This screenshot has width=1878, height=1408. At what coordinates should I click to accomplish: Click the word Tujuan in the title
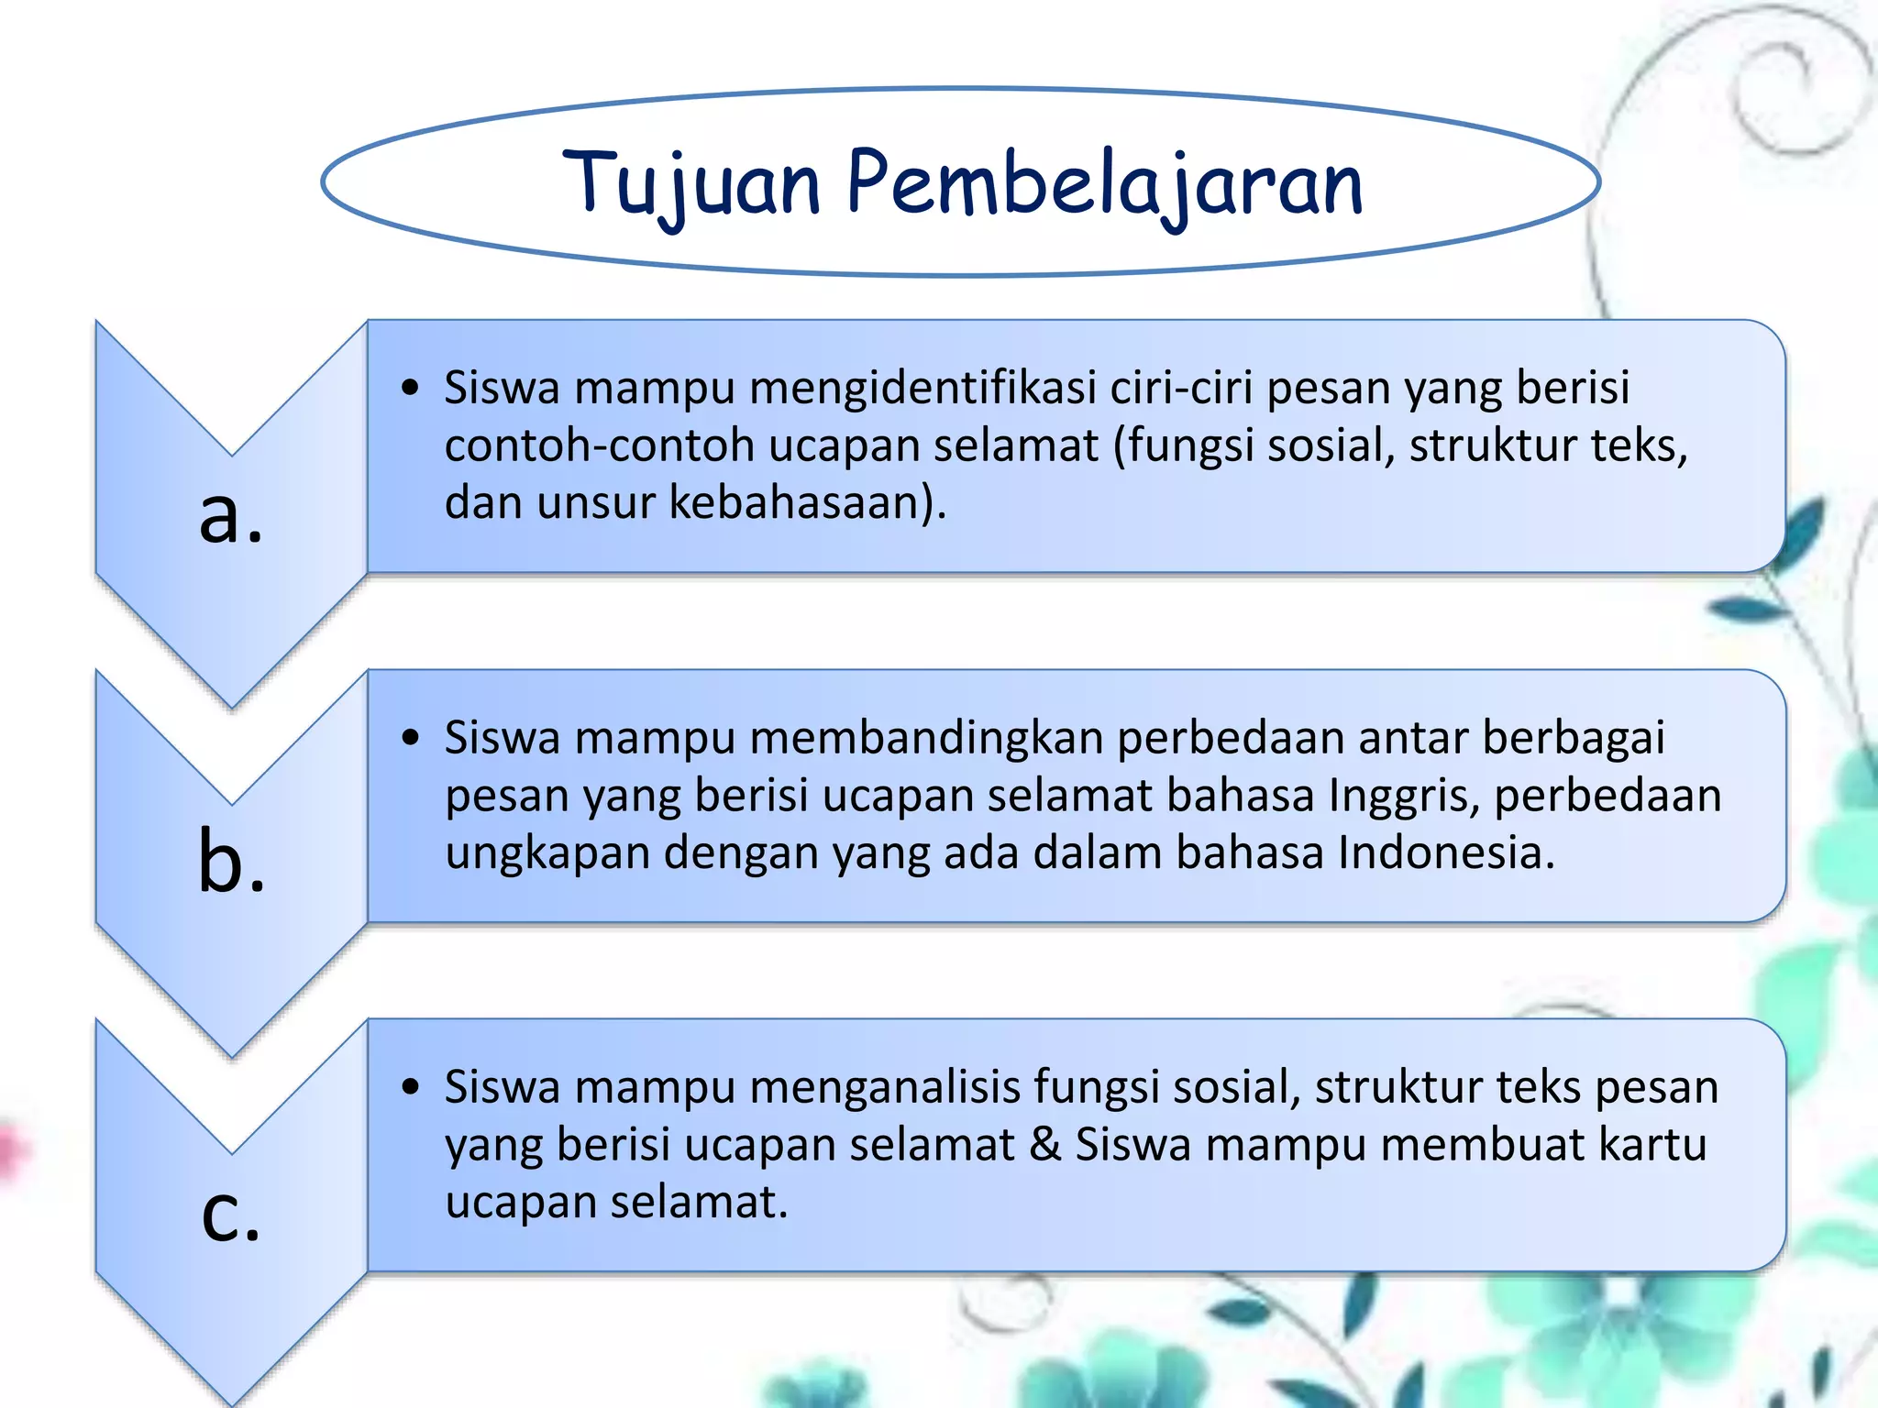click(x=691, y=183)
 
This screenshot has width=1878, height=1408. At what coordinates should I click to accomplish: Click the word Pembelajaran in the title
click(x=1104, y=183)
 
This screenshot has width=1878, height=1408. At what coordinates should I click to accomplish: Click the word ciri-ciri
click(x=1181, y=388)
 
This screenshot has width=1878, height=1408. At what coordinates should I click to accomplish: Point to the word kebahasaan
click(x=794, y=503)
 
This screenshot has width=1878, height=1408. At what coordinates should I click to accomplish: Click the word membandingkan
click(x=926, y=738)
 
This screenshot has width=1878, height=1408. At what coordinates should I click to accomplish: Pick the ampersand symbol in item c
click(x=1044, y=1145)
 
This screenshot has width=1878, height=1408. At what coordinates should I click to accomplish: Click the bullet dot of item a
click(x=410, y=388)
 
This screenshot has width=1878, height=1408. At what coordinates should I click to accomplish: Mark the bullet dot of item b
click(x=410, y=738)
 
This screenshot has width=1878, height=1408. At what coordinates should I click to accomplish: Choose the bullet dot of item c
click(x=410, y=1088)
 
